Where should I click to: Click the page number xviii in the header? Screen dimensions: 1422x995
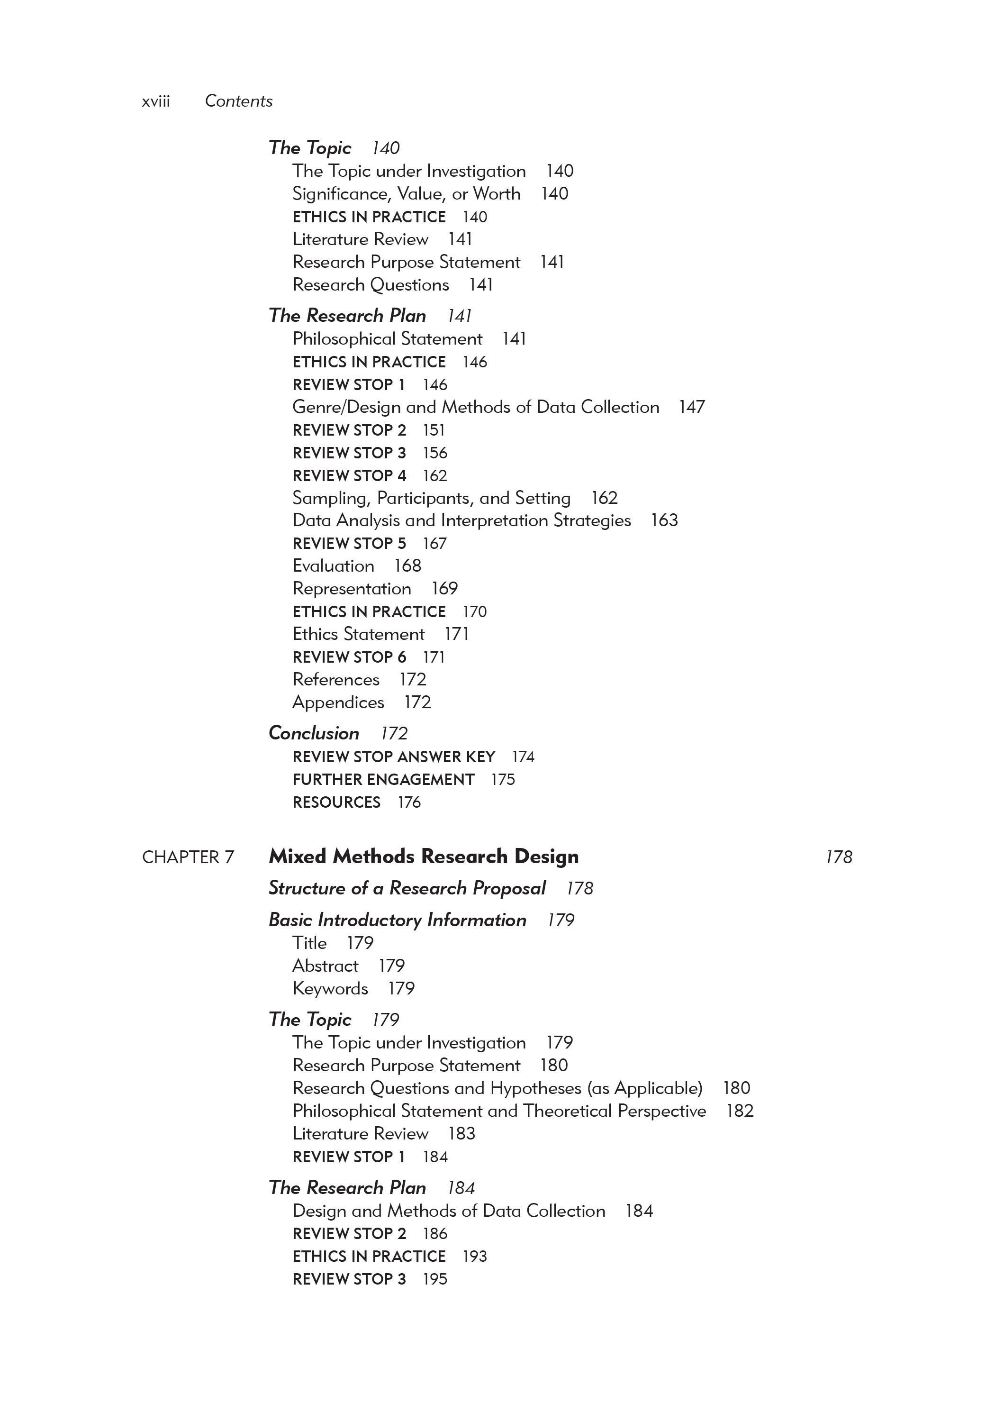tap(155, 101)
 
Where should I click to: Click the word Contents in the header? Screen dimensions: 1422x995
tap(238, 101)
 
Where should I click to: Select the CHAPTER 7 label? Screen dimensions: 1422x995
tap(188, 857)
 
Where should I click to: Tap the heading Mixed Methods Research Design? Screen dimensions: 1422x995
tap(424, 857)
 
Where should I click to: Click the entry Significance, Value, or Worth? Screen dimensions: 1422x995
tap(406, 194)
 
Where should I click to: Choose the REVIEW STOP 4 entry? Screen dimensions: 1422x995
tap(349, 475)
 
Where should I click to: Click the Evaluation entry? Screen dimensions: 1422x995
tap(333, 566)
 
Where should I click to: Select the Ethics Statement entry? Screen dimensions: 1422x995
tap(359, 634)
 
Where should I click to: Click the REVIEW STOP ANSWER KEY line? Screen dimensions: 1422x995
tap(394, 757)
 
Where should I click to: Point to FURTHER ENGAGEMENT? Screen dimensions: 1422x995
tap(383, 780)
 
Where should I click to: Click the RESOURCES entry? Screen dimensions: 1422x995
tap(336, 802)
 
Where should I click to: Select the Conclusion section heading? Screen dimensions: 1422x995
tap(314, 733)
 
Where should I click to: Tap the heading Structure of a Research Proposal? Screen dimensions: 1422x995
tap(407, 888)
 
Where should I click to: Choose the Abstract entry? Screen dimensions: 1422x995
tap(325, 966)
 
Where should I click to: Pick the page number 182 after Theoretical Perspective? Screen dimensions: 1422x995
tap(739, 1111)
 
